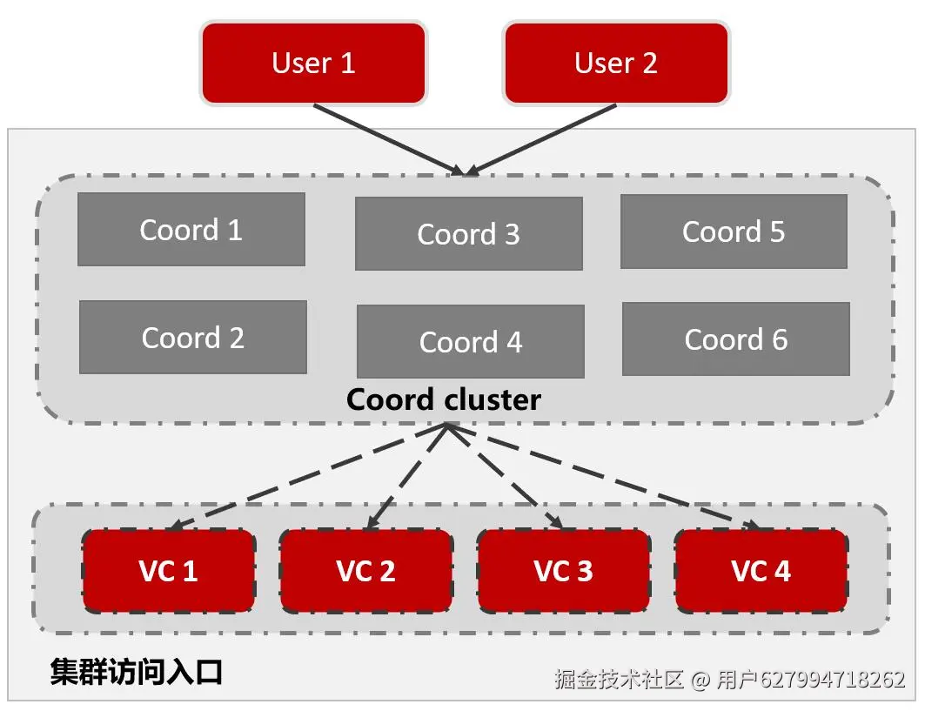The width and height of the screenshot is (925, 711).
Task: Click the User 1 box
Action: click(x=313, y=63)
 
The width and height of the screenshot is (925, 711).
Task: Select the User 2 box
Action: click(x=616, y=63)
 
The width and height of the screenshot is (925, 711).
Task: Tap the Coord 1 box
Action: click(x=191, y=230)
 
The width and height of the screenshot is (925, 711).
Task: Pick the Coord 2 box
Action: click(x=193, y=338)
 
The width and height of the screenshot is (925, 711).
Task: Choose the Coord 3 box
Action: click(x=469, y=234)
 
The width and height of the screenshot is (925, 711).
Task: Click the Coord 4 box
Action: click(x=471, y=342)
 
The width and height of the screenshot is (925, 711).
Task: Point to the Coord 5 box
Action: click(x=734, y=231)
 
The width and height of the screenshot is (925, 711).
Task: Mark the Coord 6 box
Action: click(x=736, y=339)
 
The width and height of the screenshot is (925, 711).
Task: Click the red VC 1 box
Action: click(x=169, y=571)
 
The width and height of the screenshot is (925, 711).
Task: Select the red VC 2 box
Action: click(x=366, y=571)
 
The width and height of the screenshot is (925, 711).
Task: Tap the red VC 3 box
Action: click(x=564, y=571)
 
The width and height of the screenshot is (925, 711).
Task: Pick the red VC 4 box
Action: click(x=761, y=571)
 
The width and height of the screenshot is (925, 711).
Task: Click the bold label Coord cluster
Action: click(x=444, y=399)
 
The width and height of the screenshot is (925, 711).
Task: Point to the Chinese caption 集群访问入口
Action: click(x=137, y=672)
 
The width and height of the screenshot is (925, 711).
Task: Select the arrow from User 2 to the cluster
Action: click(x=544, y=138)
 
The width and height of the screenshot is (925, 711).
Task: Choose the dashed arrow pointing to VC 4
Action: click(x=609, y=479)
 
